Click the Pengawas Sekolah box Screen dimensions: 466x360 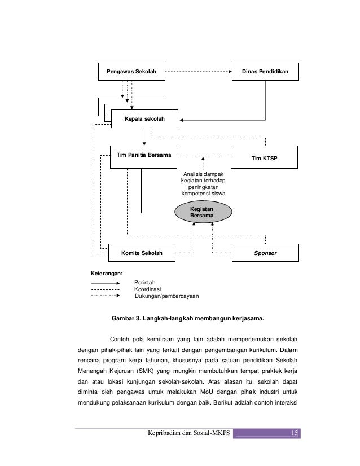click(126, 72)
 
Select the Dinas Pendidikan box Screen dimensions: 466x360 click(265, 72)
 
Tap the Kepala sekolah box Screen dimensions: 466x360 click(146, 119)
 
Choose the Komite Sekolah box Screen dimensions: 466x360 click(142, 254)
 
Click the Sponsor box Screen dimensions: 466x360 click(265, 254)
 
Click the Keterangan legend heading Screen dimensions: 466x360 click(107, 274)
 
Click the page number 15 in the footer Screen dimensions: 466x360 click(294, 433)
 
